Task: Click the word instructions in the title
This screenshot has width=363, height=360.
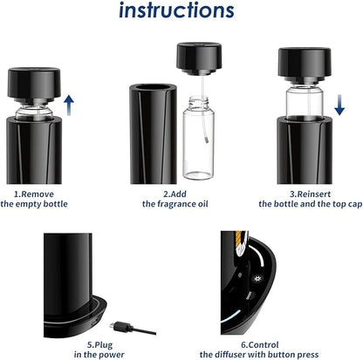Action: (176, 10)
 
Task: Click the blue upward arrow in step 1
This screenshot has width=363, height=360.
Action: (69, 105)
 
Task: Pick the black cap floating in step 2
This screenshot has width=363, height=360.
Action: (199, 58)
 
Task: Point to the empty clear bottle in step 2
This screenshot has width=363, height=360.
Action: (198, 138)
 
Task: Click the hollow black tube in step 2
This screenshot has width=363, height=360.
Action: (153, 134)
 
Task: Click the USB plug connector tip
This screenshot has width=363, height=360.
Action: (113, 326)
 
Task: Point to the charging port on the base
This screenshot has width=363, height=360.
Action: (94, 322)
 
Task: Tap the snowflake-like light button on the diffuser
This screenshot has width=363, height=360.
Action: (257, 279)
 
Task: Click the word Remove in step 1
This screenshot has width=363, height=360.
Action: (38, 194)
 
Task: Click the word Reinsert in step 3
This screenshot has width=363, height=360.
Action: (314, 194)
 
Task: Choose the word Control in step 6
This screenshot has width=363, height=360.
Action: (264, 345)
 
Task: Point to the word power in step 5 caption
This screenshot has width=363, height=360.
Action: (112, 355)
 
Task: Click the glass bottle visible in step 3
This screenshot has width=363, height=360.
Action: (305, 102)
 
